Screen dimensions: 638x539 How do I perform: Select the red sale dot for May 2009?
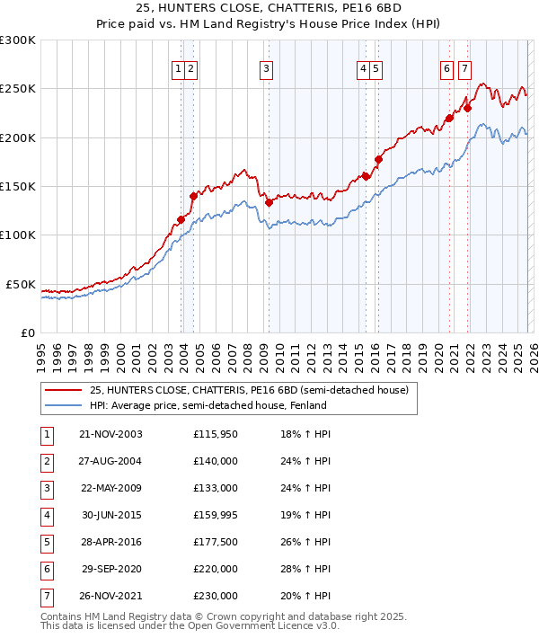tap(269, 203)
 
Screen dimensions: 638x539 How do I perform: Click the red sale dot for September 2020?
tap(449, 118)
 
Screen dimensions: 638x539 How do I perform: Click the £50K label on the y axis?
tap(22, 284)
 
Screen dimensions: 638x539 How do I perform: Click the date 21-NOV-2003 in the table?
tap(110, 434)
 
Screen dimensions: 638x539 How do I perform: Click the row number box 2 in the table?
tap(46, 462)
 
